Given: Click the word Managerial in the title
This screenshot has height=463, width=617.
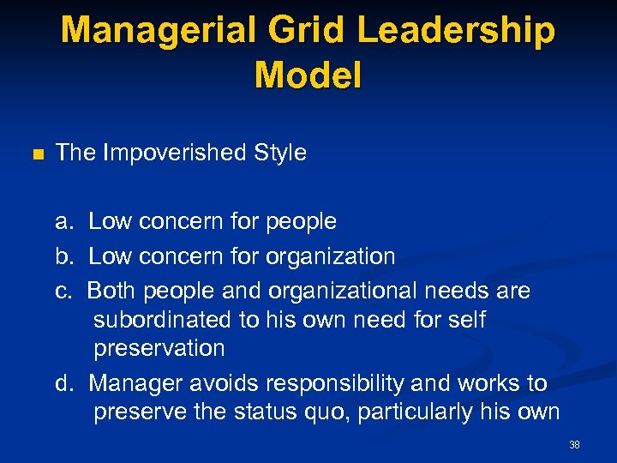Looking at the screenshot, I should [151, 31].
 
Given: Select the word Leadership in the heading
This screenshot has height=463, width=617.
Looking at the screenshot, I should [456, 31].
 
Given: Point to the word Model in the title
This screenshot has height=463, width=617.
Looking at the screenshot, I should [308, 75].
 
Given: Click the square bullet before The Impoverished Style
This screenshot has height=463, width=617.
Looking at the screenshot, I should [36, 155].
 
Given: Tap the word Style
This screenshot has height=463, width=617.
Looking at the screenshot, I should [279, 153].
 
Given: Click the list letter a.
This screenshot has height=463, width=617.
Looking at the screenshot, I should [63, 222].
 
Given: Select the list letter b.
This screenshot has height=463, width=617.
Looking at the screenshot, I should [63, 256].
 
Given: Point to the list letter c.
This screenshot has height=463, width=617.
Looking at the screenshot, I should [63, 292].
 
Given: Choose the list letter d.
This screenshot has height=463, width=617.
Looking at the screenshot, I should [63, 382].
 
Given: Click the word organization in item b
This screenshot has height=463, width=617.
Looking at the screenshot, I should [331, 257].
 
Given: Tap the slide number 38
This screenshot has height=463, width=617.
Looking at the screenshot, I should [574, 445].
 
